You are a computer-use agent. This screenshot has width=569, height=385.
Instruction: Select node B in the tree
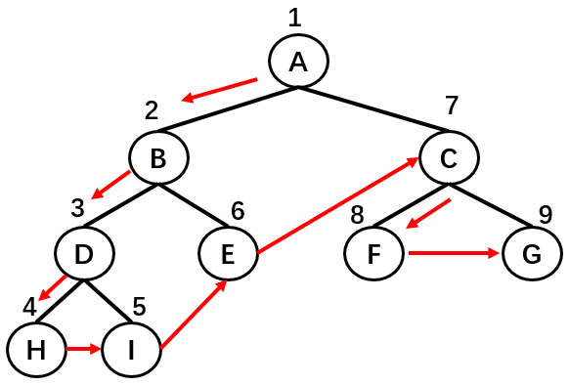(159, 157)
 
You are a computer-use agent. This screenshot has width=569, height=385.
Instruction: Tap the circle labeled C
(449, 157)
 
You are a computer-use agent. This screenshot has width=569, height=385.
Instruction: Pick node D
(83, 254)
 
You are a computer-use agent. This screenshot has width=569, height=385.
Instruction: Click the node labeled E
(227, 254)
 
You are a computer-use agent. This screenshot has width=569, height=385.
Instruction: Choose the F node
(373, 254)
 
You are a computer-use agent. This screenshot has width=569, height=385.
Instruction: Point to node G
(531, 254)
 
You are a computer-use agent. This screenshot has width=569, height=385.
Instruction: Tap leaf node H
(34, 349)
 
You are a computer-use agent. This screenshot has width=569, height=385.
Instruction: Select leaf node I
(130, 349)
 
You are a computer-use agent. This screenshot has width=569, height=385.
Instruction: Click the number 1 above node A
(296, 17)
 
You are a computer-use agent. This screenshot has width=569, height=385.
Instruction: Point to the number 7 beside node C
(450, 107)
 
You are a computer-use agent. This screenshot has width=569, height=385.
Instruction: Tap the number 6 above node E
(238, 209)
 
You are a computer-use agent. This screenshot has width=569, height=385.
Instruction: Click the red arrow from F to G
(455, 253)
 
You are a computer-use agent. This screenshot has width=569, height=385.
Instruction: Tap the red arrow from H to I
(82, 349)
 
